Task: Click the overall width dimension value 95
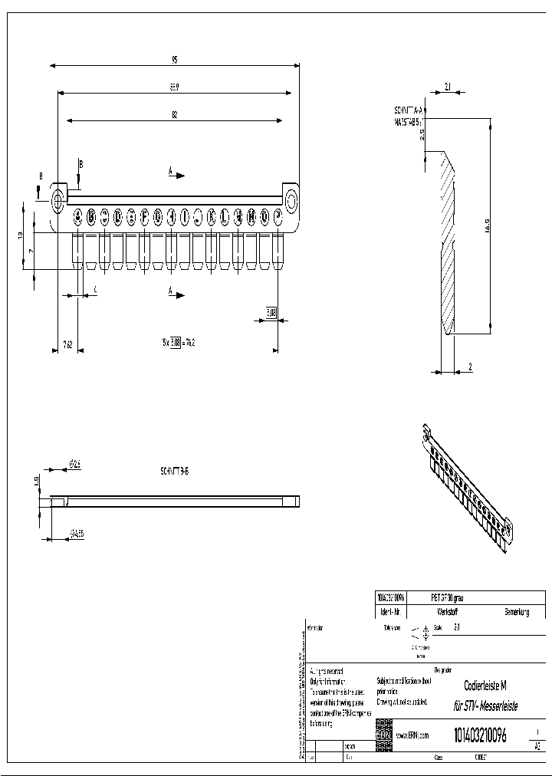click(x=175, y=59)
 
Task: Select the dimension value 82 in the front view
click(x=175, y=115)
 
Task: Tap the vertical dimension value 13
click(x=21, y=235)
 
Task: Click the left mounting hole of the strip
click(x=58, y=199)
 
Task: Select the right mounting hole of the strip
click(x=291, y=201)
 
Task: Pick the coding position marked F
click(x=144, y=216)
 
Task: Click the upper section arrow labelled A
click(x=176, y=174)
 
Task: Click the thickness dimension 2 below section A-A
click(x=469, y=367)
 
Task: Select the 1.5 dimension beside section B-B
click(x=36, y=480)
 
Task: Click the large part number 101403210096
click(x=480, y=735)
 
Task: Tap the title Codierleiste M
click(x=485, y=686)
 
